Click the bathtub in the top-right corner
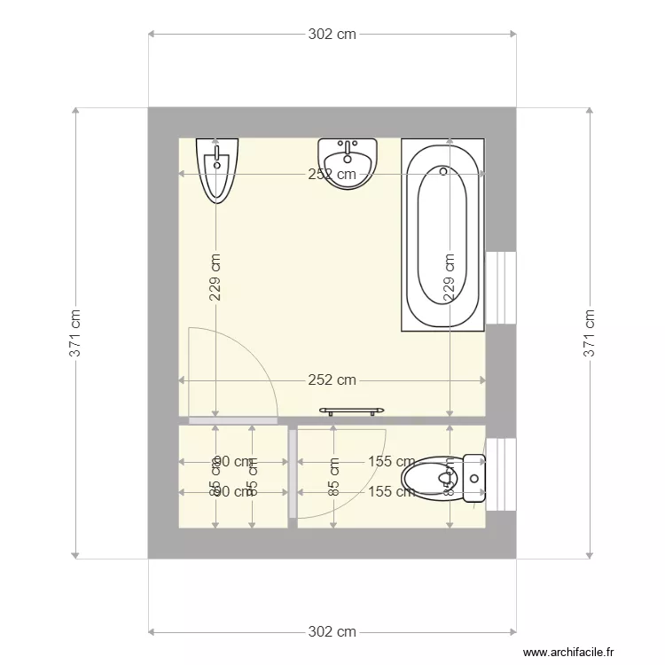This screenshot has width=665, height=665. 443,235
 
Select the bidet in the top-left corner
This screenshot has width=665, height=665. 216,168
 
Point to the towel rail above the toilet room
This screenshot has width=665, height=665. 352,410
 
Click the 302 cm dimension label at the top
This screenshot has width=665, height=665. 332,35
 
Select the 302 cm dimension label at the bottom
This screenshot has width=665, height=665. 332,631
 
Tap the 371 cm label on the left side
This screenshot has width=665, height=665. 77,333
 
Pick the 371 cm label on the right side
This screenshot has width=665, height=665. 589,333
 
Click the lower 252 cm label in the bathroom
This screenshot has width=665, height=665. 332,380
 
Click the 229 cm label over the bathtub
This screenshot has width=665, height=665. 450,278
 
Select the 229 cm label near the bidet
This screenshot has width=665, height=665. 216,278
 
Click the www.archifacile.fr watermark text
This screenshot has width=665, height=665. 568,653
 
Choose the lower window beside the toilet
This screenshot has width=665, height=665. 501,474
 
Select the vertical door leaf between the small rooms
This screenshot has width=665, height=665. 293,474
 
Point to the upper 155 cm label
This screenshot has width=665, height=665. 392,461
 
